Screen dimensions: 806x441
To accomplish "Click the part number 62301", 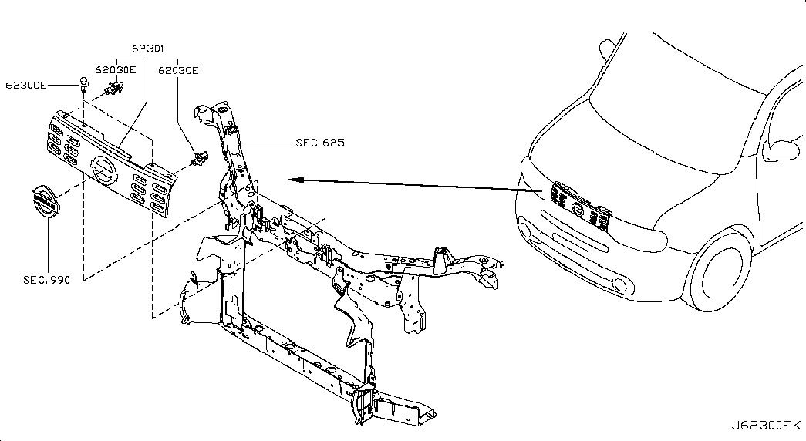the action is point(148,49).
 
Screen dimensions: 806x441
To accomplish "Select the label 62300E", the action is point(25,85).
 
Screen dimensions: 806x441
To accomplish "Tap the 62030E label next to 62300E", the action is point(116,70).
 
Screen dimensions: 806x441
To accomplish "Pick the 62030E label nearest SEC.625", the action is point(178,70).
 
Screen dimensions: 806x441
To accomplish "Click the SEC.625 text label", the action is point(320,143).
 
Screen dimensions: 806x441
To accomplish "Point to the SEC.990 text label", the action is point(47,280).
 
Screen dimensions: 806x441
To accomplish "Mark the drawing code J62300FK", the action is point(767,426).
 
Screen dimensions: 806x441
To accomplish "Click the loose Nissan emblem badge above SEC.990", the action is point(45,202).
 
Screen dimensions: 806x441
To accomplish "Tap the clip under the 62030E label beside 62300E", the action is point(114,89).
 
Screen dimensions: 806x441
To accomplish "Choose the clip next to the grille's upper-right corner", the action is point(199,158).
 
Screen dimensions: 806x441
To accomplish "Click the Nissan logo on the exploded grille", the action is point(103,170).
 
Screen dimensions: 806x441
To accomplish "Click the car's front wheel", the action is point(719,268).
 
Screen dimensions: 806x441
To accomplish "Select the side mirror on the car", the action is point(781,149).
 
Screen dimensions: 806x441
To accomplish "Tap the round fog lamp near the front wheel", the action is point(621,284).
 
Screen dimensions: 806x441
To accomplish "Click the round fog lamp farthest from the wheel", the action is point(526,230).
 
